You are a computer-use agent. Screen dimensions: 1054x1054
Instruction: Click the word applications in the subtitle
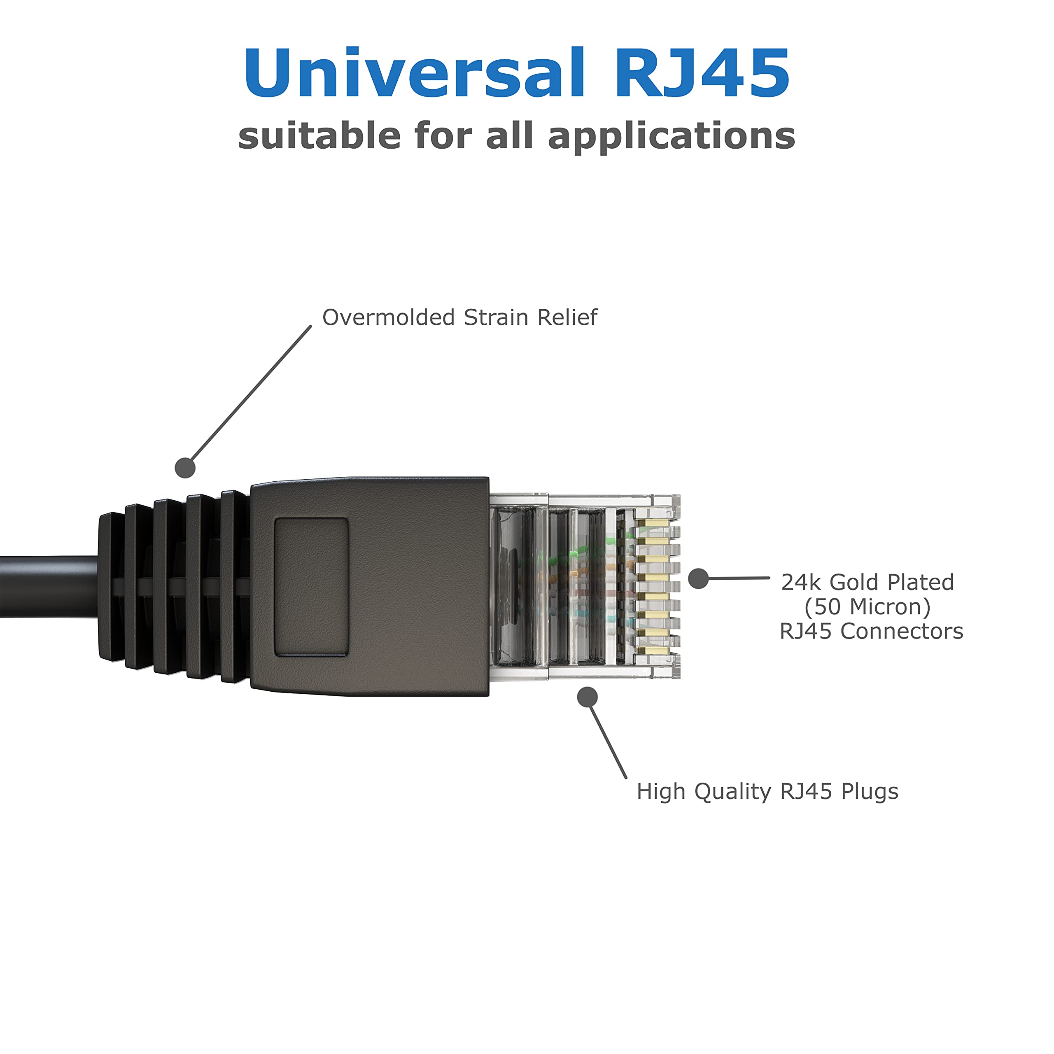pyautogui.click(x=671, y=136)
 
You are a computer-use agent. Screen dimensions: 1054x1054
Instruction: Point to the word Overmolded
pyautogui.click(x=388, y=317)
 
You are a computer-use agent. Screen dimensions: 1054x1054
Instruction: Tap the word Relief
pyautogui.click(x=567, y=317)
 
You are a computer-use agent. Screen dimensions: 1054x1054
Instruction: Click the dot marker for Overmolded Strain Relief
pyautogui.click(x=185, y=468)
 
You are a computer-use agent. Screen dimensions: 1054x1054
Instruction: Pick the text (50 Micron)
pyautogui.click(x=867, y=606)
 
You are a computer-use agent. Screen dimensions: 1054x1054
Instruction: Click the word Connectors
pyautogui.click(x=901, y=632)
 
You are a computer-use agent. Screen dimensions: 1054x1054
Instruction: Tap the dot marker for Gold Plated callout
pyautogui.click(x=698, y=579)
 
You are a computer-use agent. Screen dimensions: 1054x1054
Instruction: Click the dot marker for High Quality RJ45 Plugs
pyautogui.click(x=587, y=697)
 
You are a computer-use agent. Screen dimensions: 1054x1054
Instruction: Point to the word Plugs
pyautogui.click(x=870, y=792)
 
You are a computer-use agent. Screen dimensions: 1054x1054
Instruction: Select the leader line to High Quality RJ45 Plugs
pyautogui.click(x=607, y=739)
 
